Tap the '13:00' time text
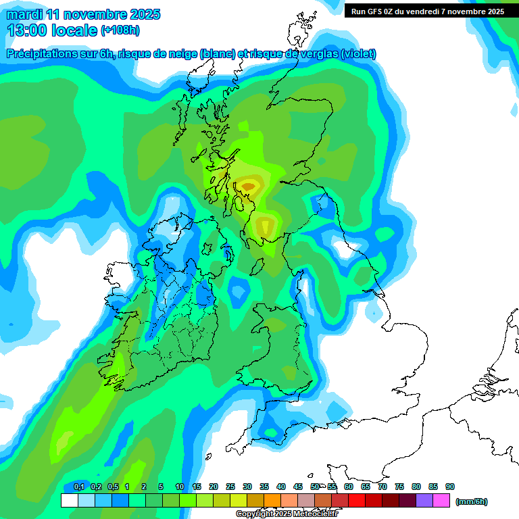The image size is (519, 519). (x=26, y=30)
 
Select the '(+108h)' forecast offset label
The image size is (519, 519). (x=120, y=30)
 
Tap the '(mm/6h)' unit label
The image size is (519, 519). (x=472, y=501)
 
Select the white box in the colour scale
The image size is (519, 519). (x=69, y=501)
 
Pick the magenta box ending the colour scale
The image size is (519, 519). (x=441, y=501)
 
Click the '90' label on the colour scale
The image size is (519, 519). (x=450, y=487)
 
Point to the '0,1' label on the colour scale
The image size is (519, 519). (x=78, y=487)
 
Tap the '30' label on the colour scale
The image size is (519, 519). (x=247, y=487)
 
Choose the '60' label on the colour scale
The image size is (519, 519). (x=349, y=487)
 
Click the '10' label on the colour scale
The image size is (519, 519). (x=180, y=487)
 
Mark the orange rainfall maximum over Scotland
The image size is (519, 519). (x=248, y=185)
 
